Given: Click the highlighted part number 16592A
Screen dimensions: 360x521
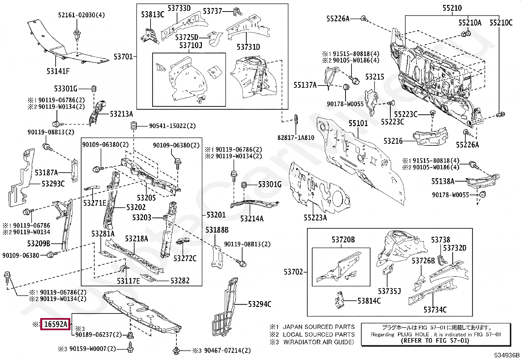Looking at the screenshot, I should click(55, 324).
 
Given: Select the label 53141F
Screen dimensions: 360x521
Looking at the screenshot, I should click(58, 71).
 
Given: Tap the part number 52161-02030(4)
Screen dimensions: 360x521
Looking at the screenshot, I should click(81, 15).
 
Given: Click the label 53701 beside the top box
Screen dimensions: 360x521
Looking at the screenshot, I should click(123, 57).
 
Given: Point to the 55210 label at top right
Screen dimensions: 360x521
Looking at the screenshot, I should click(452, 8).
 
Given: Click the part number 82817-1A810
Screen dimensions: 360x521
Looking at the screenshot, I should click(296, 138).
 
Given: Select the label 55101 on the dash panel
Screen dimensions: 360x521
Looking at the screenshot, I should click(358, 123).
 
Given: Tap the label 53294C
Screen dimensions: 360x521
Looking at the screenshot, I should click(260, 304).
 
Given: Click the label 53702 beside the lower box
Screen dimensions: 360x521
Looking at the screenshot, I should click(293, 272).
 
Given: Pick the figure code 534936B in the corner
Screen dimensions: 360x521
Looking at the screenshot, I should click(507, 355).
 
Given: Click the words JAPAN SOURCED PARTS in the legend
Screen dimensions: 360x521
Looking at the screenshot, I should click(318, 327).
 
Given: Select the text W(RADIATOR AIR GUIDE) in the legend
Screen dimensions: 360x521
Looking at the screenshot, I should click(318, 342).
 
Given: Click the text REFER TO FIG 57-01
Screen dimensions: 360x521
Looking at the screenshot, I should click(435, 340).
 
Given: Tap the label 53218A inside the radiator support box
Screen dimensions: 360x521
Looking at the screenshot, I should click(136, 239).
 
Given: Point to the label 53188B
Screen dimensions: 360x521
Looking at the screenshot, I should click(217, 230).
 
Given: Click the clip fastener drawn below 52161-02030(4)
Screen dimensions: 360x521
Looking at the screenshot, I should click(77, 35).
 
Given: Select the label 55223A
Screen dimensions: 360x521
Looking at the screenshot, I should click(315, 218).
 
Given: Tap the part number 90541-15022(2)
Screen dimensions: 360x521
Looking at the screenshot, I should click(172, 126).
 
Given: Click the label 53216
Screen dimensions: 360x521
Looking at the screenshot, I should click(393, 141).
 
